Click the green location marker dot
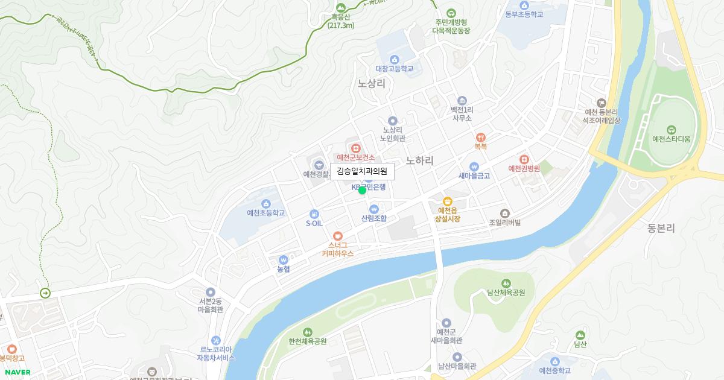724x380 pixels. pyautogui.click(x=362, y=191)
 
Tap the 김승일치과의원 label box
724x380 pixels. pyautogui.click(x=362, y=171)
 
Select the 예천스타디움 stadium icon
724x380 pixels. pyautogui.click(x=671, y=130)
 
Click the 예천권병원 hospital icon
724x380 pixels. pyautogui.click(x=523, y=159)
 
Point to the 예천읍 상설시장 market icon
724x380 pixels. pyautogui.click(x=447, y=201)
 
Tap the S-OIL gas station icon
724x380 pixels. pyautogui.click(x=314, y=214)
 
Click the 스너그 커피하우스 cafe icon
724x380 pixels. pyautogui.click(x=337, y=235)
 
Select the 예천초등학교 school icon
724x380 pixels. pyautogui.click(x=266, y=203)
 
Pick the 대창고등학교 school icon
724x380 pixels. pyautogui.click(x=394, y=59)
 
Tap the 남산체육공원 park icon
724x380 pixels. pyautogui.click(x=506, y=283)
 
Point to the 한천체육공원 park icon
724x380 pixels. pyautogui.click(x=308, y=332)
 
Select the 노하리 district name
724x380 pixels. pyautogui.click(x=420, y=160)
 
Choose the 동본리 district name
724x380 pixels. pyautogui.click(x=661, y=229)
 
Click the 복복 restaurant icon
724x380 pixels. pyautogui.click(x=480, y=137)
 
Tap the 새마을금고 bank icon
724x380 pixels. pyautogui.click(x=474, y=166)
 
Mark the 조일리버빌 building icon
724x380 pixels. pyautogui.click(x=505, y=213)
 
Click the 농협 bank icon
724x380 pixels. pyautogui.click(x=284, y=259)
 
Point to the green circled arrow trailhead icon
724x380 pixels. pyautogui.click(x=45, y=293)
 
